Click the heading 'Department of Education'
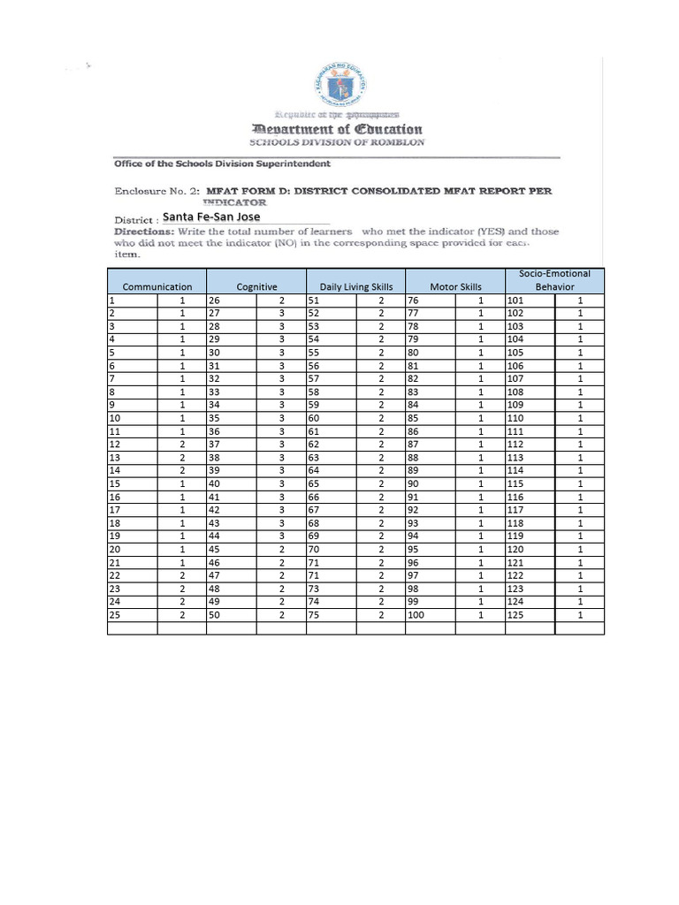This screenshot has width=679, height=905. coord(337,129)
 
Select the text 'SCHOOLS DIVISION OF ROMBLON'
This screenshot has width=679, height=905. coord(337,142)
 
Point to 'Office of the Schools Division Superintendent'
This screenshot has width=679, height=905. coord(222,164)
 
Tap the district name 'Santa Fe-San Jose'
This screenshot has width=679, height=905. coord(212,217)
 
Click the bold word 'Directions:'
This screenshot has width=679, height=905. coord(149,232)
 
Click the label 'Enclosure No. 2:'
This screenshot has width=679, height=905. coord(156,190)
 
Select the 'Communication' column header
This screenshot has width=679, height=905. coord(157,286)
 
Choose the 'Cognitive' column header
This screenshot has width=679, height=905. coord(256,286)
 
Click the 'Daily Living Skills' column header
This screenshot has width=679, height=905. coord(355,286)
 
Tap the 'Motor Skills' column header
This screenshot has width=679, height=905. coord(455,286)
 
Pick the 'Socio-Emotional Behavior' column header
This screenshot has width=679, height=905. coord(554,280)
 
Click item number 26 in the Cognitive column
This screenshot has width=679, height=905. coord(214,300)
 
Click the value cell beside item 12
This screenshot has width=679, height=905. coord(182,445)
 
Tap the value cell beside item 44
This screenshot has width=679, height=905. coord(281,536)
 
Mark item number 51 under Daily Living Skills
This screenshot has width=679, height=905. coord(313,300)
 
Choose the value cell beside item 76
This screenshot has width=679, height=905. coord(480,300)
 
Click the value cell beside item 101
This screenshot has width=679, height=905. coord(580,300)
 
